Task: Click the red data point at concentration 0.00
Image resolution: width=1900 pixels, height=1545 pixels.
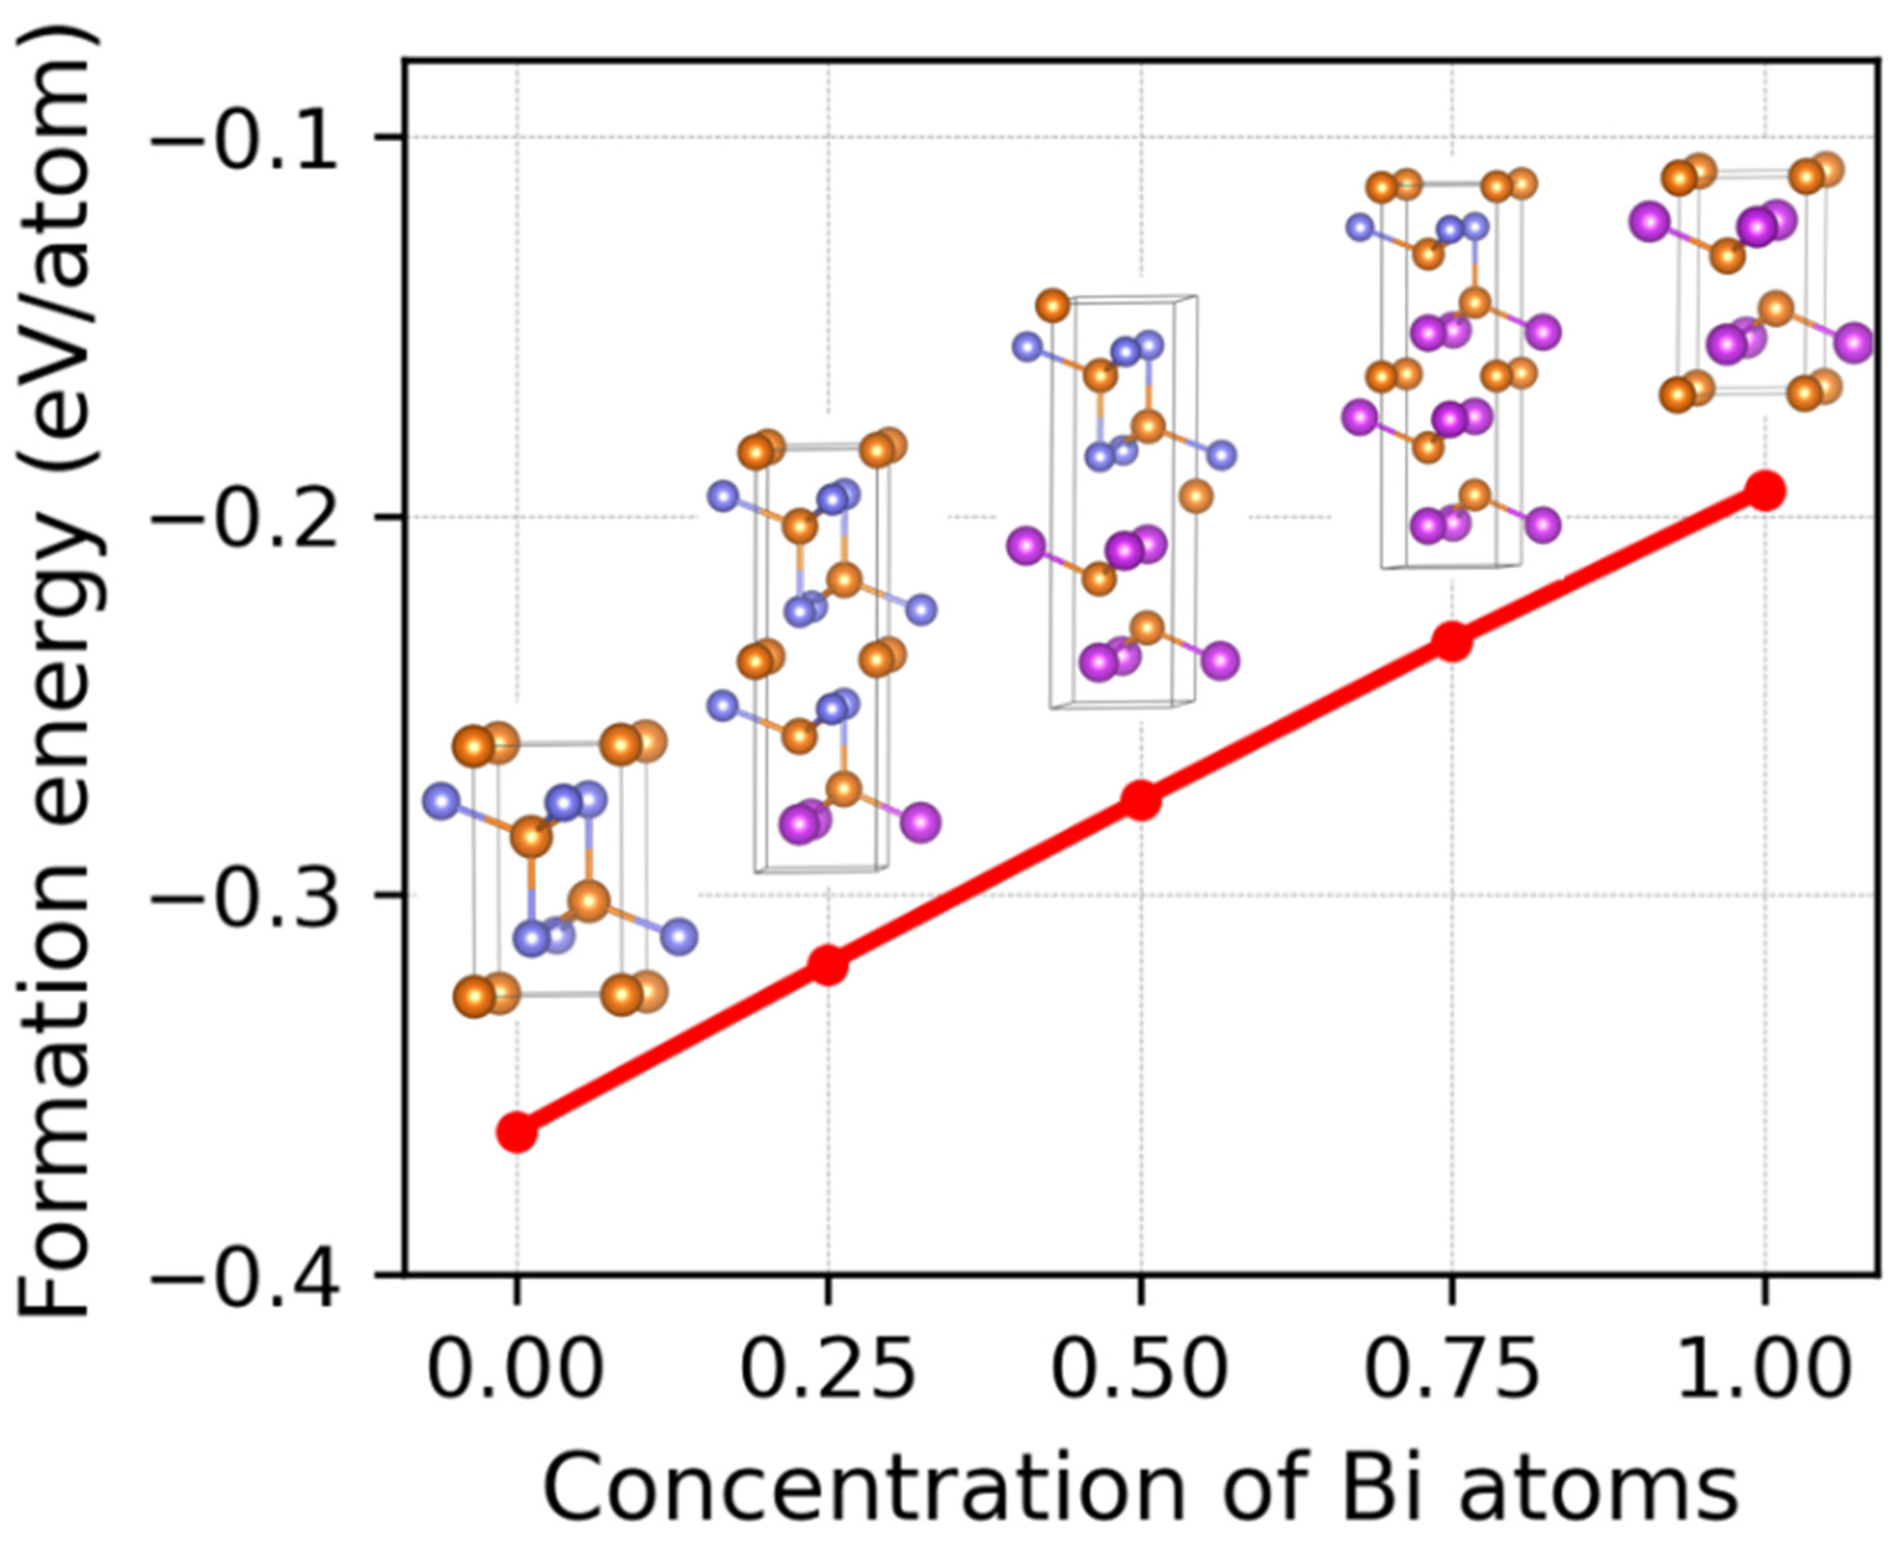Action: pos(516,1132)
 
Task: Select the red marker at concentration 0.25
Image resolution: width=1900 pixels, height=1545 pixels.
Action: pos(828,965)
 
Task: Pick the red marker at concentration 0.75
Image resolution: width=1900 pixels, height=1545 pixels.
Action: pos(1452,641)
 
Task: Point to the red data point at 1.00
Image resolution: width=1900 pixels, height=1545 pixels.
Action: pos(1765,490)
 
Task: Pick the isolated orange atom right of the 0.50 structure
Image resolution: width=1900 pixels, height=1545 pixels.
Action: pos(1197,496)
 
